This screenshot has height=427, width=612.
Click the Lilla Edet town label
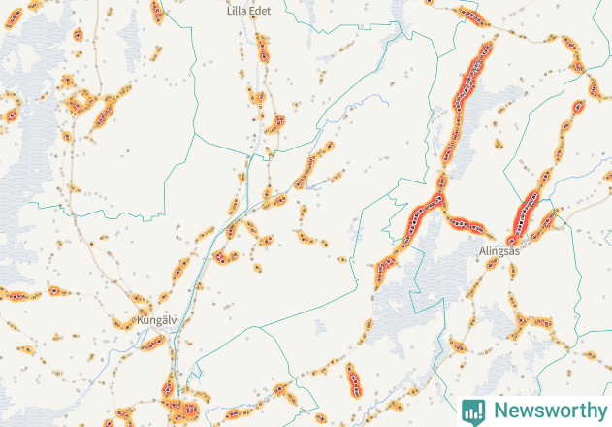click(248, 9)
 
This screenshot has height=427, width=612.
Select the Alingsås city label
click(499, 250)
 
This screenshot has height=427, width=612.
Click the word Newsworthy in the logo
click(549, 410)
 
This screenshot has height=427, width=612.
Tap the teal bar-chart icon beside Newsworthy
click(473, 411)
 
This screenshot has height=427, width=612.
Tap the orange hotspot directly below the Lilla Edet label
click(263, 49)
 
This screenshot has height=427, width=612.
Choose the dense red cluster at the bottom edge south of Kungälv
click(179, 408)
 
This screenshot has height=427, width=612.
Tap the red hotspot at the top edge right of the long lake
click(471, 16)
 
